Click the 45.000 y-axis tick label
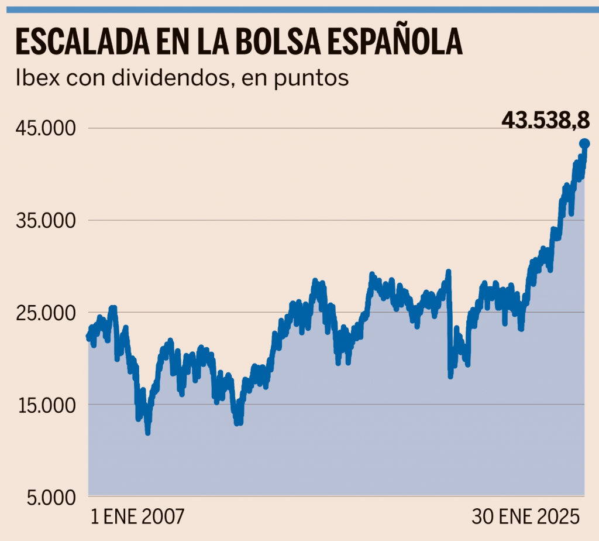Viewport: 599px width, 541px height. (45, 128)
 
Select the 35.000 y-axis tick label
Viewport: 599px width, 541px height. (45, 221)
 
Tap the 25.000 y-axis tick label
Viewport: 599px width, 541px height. (45, 313)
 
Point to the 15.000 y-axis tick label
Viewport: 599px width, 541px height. (45, 405)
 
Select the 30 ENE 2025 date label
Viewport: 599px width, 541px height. (526, 518)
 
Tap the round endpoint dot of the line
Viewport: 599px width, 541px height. (584, 143)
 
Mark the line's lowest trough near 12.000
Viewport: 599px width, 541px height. (148, 432)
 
